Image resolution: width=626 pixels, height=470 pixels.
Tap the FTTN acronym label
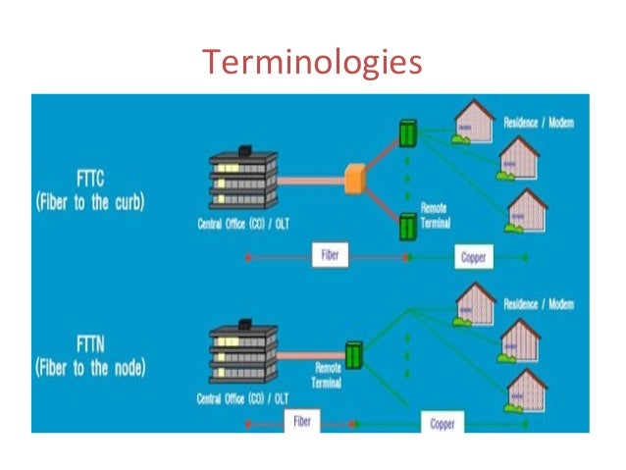click(x=92, y=345)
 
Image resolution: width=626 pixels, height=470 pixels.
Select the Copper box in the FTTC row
click(x=472, y=258)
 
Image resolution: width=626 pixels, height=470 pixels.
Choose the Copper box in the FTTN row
click(x=444, y=423)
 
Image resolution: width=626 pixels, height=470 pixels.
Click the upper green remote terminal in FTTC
click(x=405, y=133)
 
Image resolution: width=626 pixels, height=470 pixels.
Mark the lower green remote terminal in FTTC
click(x=405, y=226)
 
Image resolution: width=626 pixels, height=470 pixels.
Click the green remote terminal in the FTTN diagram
click(x=352, y=352)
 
